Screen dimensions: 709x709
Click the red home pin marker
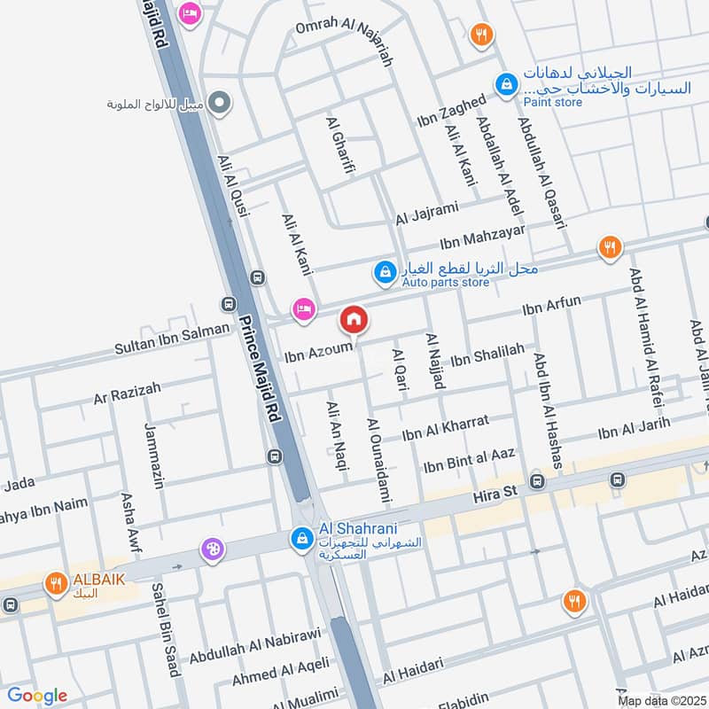click(354, 318)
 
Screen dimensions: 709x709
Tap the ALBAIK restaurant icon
click(56, 582)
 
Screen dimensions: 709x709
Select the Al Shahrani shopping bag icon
click(302, 537)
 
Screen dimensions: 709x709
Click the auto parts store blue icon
click(385, 272)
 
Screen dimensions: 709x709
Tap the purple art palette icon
click(213, 549)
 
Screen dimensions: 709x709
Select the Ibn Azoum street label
click(319, 352)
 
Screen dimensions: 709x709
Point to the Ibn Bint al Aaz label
click(469, 461)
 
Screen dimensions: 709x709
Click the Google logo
click(36, 696)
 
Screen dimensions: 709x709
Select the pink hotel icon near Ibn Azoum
click(304, 309)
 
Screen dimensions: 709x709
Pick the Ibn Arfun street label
click(552, 306)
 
